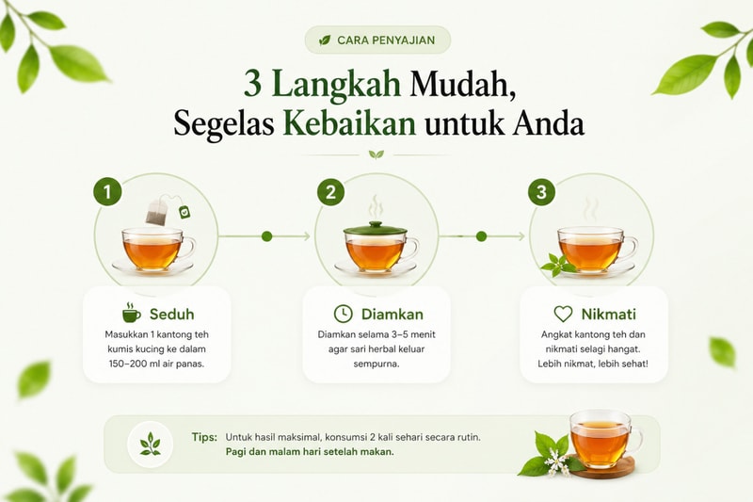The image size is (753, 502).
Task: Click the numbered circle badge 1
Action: point(107,192)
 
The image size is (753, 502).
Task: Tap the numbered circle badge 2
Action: point(330,192)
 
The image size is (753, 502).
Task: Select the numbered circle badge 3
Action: point(541,192)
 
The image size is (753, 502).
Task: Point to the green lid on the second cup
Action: point(375,229)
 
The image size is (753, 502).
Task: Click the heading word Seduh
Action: point(171,315)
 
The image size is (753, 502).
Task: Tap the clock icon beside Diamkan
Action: point(343,314)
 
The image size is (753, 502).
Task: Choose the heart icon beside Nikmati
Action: point(563,315)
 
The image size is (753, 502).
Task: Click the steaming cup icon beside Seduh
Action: point(131,313)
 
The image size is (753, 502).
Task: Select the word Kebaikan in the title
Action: point(349,123)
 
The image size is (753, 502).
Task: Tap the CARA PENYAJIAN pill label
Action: point(377,40)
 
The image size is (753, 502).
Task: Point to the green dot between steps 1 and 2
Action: point(267,236)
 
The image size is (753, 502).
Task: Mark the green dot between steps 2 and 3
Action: point(481,236)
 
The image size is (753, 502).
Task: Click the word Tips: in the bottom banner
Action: point(204,437)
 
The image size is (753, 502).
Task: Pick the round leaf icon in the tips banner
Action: point(150,445)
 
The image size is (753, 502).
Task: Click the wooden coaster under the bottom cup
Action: point(601,467)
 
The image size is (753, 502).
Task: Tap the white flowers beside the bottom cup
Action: point(555,462)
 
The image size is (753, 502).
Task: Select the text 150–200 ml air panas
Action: point(156,364)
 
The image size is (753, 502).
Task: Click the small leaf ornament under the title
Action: point(376,154)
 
